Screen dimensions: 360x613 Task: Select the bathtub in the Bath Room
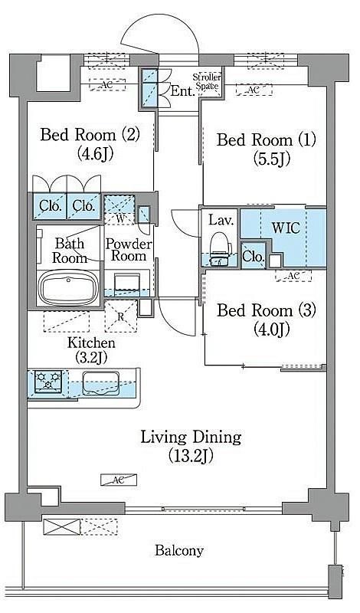[68, 287]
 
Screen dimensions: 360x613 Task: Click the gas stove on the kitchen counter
[48, 381]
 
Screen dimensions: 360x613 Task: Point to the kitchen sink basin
[101, 383]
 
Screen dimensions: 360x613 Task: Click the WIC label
[286, 228]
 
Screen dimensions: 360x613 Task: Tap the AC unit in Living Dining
[119, 480]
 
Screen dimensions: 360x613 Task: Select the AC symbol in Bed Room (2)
[107, 84]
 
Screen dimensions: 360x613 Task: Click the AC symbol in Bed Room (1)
[254, 90]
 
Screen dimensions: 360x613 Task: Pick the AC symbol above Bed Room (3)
[293, 276]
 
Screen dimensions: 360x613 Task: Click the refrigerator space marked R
[121, 316]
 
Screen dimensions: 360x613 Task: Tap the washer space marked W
[119, 210]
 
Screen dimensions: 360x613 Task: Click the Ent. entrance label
[182, 91]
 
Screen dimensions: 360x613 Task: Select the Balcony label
[179, 550]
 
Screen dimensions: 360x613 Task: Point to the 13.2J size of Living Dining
[191, 455]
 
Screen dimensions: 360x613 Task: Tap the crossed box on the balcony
[61, 526]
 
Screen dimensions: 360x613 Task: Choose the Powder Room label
[129, 251]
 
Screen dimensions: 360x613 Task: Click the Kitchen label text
[91, 343]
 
